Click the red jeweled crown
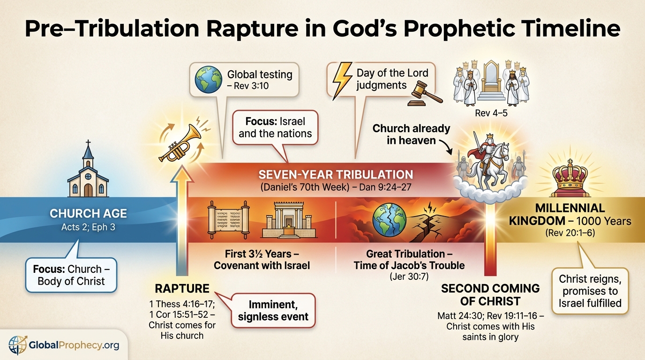[570, 177]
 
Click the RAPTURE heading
[182, 288]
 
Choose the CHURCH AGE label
[88, 213]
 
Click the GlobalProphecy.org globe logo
[18, 345]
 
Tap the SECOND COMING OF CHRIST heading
[490, 294]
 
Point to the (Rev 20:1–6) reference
[570, 232]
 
